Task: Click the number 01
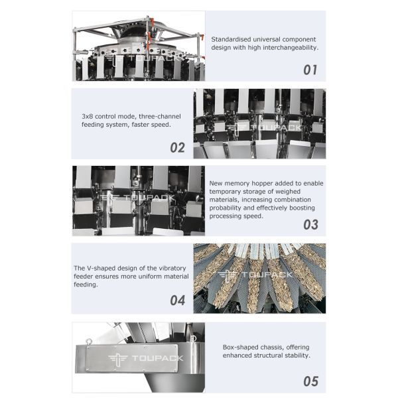[x=310, y=70]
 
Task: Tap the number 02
[x=177, y=147]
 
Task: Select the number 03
[x=310, y=224]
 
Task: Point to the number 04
[x=177, y=300]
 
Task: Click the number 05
[x=310, y=381]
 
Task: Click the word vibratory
[x=171, y=268]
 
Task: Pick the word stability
[x=293, y=356]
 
